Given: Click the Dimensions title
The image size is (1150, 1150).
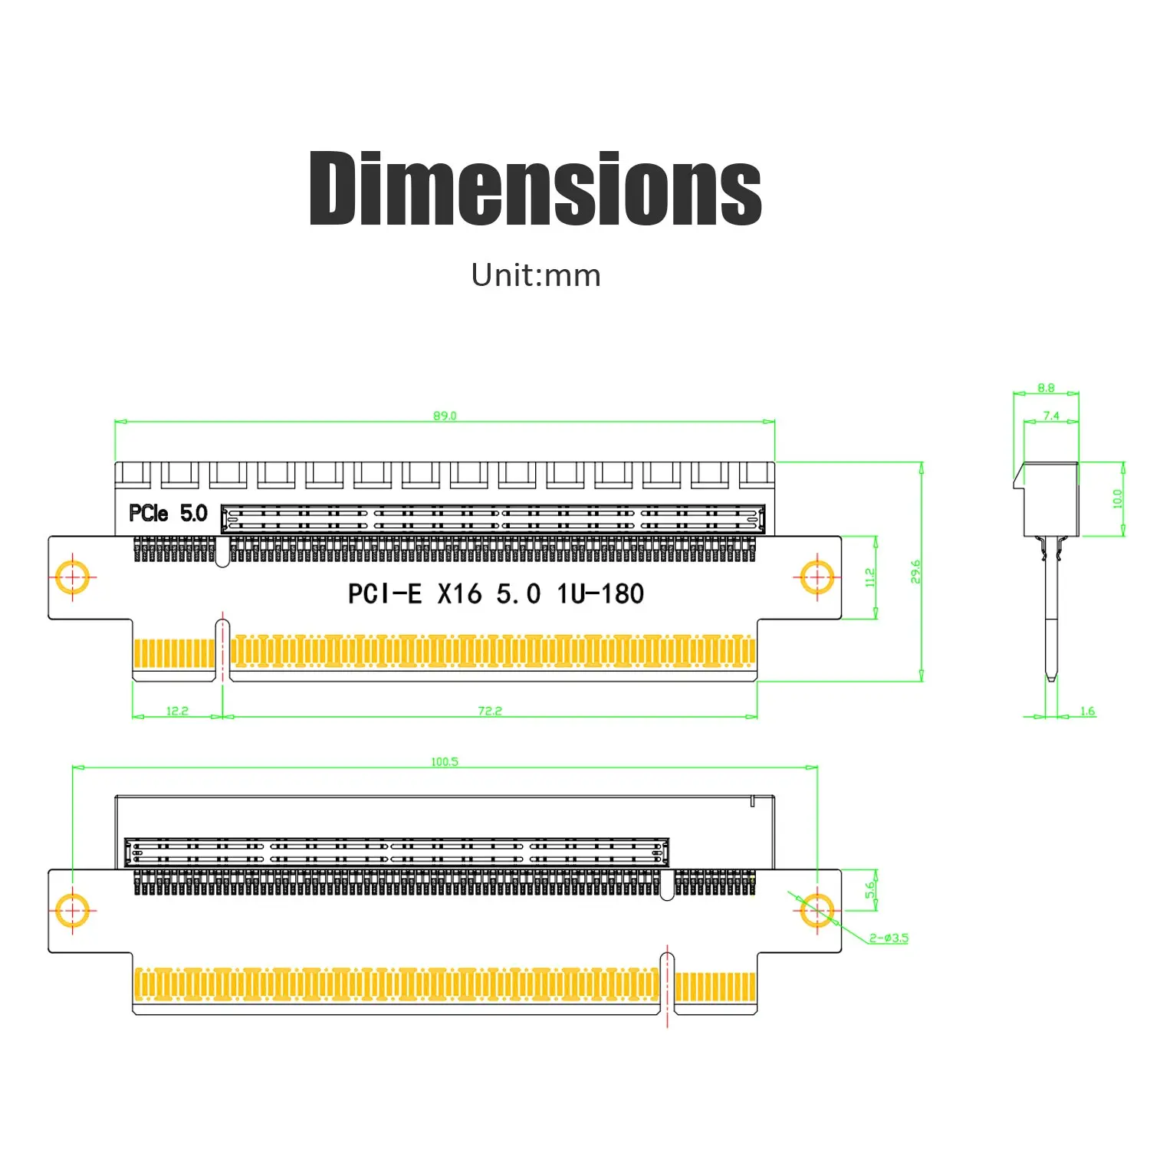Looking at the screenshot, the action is point(535,188).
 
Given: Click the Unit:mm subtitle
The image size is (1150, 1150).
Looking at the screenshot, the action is point(536,275).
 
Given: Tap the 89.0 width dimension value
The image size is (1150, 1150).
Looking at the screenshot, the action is point(445,416).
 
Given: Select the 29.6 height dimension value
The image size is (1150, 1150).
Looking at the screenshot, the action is point(915,572).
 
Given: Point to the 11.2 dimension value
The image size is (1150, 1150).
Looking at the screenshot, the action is point(869,577).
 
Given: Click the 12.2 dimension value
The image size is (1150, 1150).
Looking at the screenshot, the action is point(177,711).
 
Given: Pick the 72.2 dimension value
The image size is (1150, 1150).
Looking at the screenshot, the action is point(490,711).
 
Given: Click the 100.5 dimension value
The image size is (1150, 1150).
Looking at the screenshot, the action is point(445,761).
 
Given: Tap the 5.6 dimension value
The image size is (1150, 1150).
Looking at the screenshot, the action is point(869,890).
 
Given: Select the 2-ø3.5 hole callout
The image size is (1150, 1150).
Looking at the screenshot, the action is point(889,938).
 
